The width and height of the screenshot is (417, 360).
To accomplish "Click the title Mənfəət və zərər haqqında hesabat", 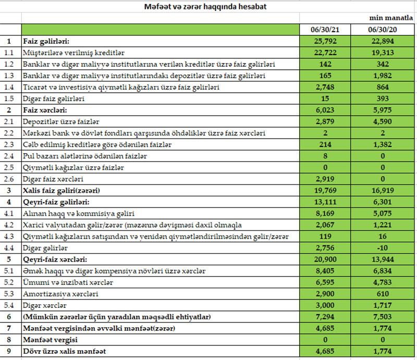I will click(x=208, y=7).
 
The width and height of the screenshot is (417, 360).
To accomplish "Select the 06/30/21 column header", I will click(x=326, y=30).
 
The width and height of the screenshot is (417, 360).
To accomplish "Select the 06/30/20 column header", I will click(x=384, y=30).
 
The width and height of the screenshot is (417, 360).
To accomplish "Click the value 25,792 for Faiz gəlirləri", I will click(x=326, y=41).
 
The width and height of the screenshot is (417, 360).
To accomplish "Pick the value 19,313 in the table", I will click(x=384, y=53).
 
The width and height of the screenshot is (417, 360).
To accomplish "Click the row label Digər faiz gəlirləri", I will click(x=54, y=98).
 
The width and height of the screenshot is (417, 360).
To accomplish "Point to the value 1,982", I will click(x=384, y=76).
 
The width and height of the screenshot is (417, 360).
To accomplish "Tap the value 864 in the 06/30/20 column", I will click(x=384, y=87).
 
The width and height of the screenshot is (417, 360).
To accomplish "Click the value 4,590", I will click(x=384, y=121).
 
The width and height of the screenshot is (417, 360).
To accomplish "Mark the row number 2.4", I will click(x=8, y=156).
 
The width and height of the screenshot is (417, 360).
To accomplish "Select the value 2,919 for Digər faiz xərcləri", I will click(x=326, y=179).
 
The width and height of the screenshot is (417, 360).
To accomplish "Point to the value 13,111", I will click(x=326, y=202).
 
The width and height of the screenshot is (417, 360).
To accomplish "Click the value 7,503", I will click(x=384, y=317).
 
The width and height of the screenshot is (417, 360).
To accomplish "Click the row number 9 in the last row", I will click(x=8, y=351).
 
